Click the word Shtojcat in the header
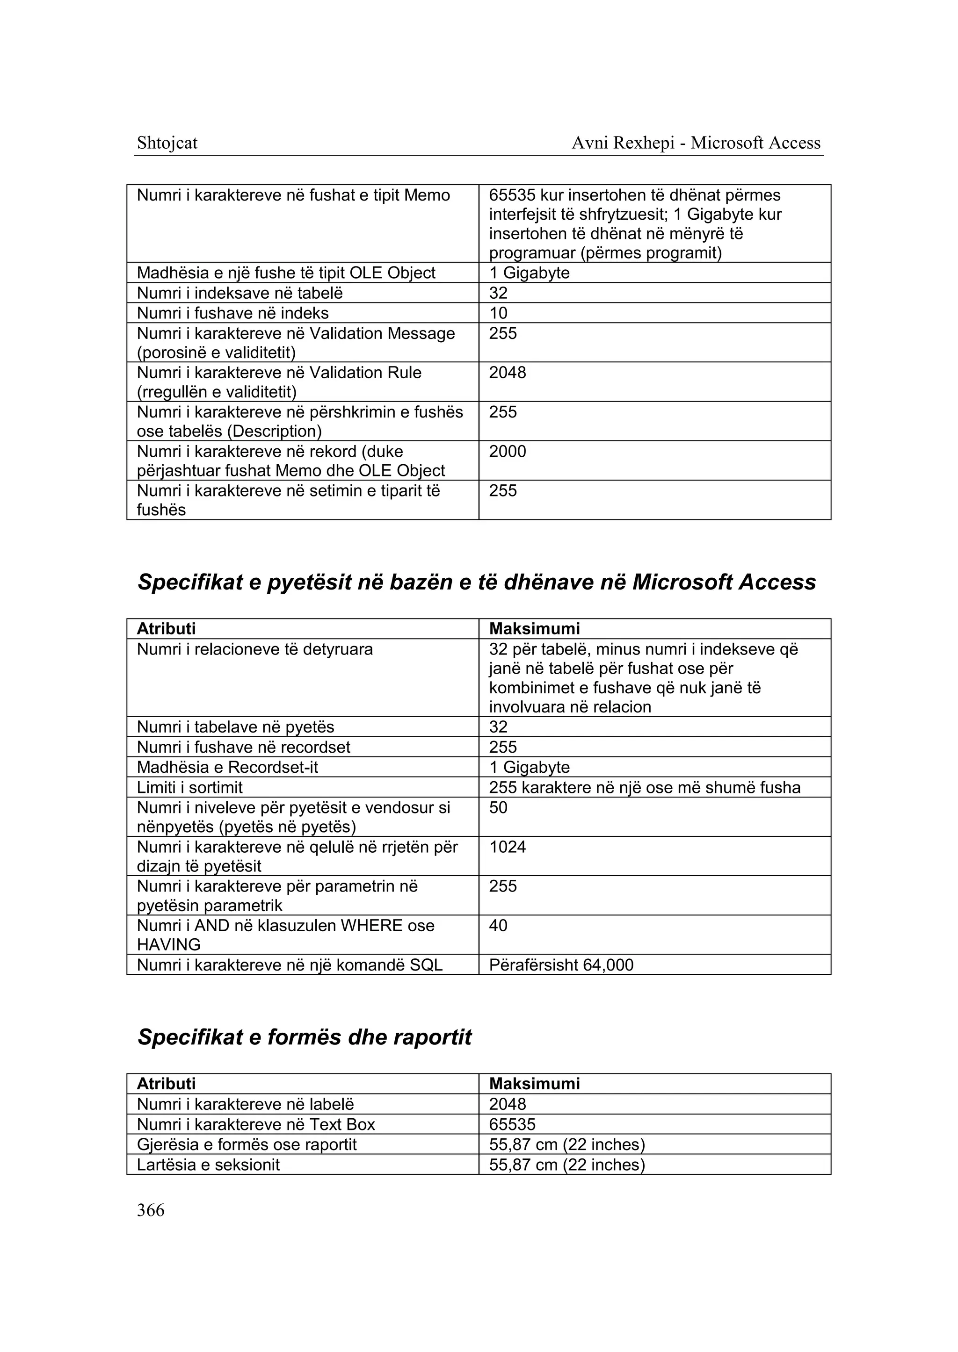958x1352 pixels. click(x=167, y=143)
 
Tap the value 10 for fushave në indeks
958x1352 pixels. click(x=499, y=313)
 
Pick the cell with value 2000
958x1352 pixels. click(x=508, y=452)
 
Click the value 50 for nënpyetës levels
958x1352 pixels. click(x=499, y=808)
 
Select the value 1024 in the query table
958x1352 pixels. click(x=508, y=847)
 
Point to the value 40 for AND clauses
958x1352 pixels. click(x=499, y=926)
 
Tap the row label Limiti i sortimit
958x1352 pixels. click(x=189, y=788)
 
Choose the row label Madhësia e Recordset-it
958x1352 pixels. click(x=227, y=767)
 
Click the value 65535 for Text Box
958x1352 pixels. click(x=512, y=1124)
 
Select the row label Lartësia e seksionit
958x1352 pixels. click(x=208, y=1165)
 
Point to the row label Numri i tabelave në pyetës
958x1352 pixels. click(x=235, y=727)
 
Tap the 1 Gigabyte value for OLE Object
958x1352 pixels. click(x=529, y=273)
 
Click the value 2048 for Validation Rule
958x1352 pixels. click(x=508, y=373)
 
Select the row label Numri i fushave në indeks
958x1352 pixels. click(x=232, y=313)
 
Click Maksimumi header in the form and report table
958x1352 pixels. click(x=535, y=1084)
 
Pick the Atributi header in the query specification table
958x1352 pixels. click(x=167, y=628)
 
